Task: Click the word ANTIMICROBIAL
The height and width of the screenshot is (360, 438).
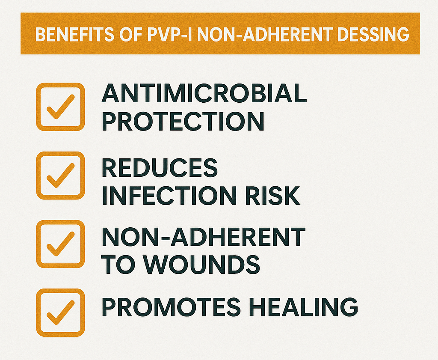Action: [204, 93]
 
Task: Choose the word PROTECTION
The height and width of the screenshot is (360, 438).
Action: [183, 121]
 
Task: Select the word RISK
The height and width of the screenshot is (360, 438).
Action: [272, 196]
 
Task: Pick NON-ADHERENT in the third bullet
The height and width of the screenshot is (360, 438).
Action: [203, 237]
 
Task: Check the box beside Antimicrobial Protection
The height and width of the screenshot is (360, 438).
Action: [60, 107]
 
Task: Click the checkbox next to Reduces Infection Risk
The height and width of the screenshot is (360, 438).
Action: [60, 176]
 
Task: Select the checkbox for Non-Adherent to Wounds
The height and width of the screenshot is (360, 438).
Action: [60, 244]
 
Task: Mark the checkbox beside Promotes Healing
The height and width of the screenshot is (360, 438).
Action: [60, 312]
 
